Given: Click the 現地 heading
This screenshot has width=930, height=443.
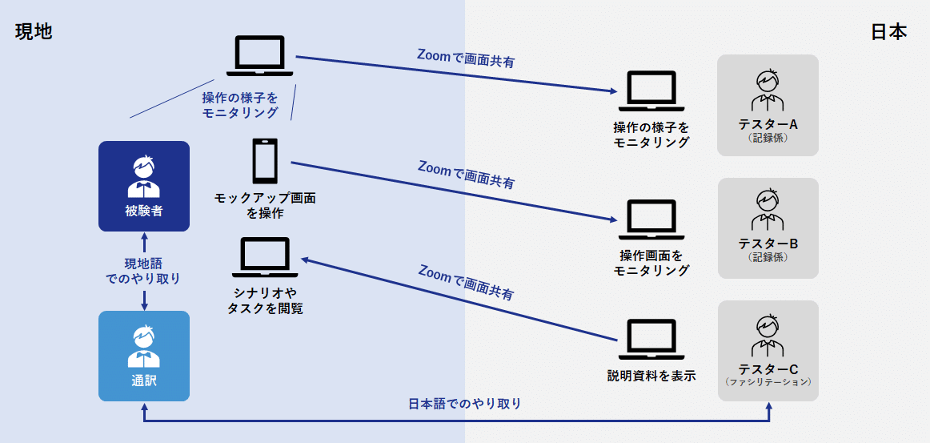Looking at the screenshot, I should [34, 32].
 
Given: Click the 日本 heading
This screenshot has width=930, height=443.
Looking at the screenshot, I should [888, 32].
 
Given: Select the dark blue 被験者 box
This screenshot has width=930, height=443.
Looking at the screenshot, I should [144, 186].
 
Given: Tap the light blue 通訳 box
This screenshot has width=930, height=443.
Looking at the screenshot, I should [144, 356].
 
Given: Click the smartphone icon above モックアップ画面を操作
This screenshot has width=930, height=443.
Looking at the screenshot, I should [265, 161].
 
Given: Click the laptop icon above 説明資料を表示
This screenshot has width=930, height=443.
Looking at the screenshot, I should [651, 340].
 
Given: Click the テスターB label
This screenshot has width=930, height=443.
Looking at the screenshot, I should [768, 244].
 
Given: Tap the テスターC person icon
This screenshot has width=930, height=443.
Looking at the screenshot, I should [768, 336].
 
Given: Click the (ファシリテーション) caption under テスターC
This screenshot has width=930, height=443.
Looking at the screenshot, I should [768, 383].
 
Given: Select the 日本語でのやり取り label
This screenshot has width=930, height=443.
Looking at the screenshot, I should [465, 404].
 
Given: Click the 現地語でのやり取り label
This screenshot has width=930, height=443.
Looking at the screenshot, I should [143, 271].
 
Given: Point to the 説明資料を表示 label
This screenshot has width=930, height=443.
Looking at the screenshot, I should [651, 375].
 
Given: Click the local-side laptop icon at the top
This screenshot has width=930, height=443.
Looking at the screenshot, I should [260, 56].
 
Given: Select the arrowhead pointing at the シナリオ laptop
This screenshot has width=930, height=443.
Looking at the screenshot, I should [305, 260].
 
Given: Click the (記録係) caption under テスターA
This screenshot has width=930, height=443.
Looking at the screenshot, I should [768, 138].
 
